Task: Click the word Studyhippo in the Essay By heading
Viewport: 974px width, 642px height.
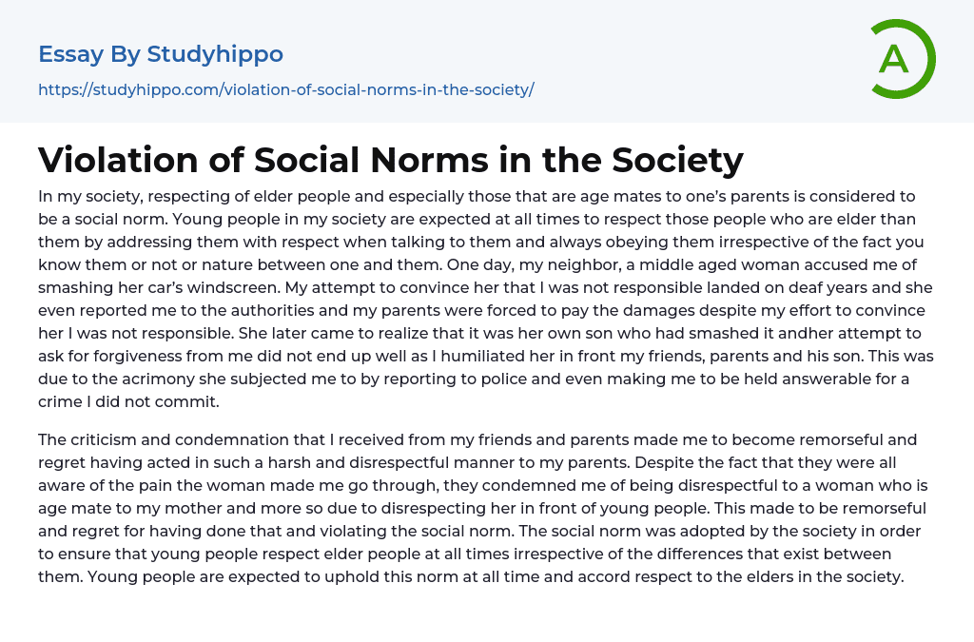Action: pos(215,54)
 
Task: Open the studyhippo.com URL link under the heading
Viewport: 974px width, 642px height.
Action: pos(285,89)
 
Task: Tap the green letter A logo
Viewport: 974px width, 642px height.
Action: pos(894,59)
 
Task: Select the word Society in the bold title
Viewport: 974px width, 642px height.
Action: pos(677,160)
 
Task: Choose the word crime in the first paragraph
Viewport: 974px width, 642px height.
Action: pos(62,401)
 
